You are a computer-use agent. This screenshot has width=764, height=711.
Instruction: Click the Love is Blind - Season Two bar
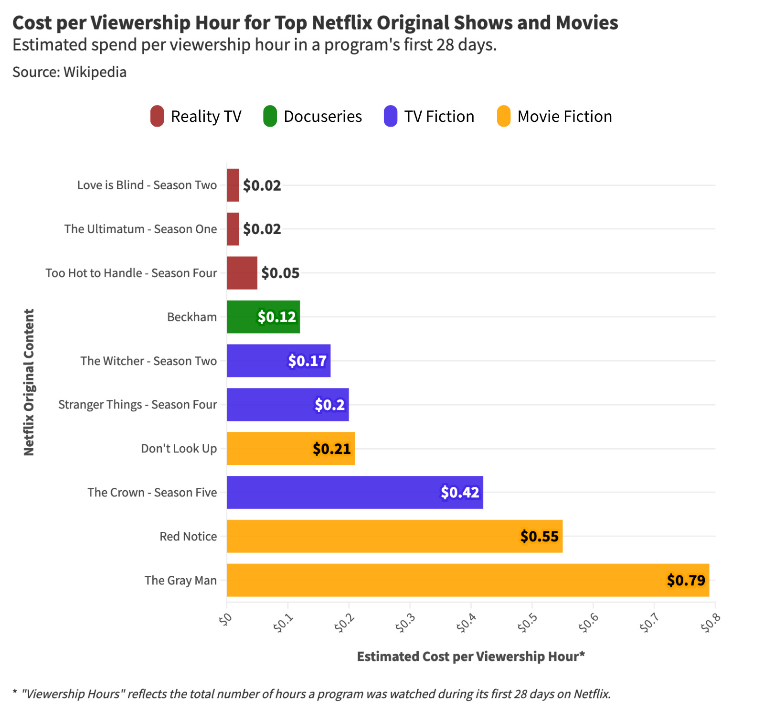tap(233, 185)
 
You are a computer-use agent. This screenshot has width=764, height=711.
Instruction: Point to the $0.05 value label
tap(280, 273)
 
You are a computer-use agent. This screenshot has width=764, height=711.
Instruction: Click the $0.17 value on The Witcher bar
tap(307, 361)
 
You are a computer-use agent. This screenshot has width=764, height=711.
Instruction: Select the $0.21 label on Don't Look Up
tap(331, 449)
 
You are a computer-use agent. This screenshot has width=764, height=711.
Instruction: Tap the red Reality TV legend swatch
tap(157, 116)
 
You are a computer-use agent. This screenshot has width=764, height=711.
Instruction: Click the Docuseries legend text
tap(323, 116)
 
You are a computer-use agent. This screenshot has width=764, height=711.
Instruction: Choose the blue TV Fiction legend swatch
tap(391, 116)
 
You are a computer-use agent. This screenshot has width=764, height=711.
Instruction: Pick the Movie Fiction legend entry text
tap(564, 116)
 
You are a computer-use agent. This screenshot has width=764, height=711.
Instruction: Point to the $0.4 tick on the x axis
tap(467, 623)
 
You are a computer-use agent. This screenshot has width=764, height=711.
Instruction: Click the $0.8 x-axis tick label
tap(711, 623)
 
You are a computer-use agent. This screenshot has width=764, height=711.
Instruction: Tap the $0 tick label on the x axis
tap(225, 619)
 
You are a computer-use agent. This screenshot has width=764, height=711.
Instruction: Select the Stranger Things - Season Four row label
tap(138, 405)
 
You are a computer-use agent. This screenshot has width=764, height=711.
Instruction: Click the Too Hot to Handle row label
tap(131, 273)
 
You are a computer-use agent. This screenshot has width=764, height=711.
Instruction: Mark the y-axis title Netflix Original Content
tap(29, 382)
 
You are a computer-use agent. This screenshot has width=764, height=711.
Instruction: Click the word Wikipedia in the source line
tap(95, 72)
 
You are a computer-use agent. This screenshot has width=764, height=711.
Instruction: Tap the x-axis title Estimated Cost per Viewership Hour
tap(470, 657)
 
